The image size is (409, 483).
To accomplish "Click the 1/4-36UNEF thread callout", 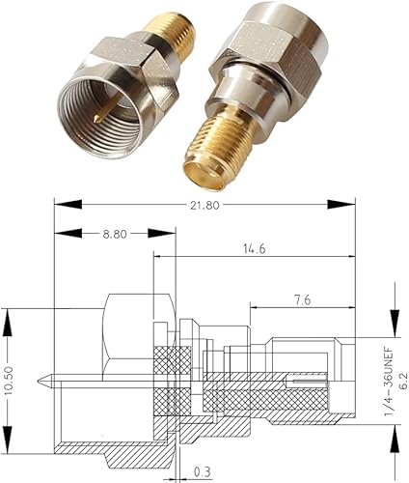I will coord(383,367).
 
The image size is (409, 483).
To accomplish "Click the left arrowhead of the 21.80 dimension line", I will coord(60,204).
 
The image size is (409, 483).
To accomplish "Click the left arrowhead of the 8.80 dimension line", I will coord(60,233).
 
